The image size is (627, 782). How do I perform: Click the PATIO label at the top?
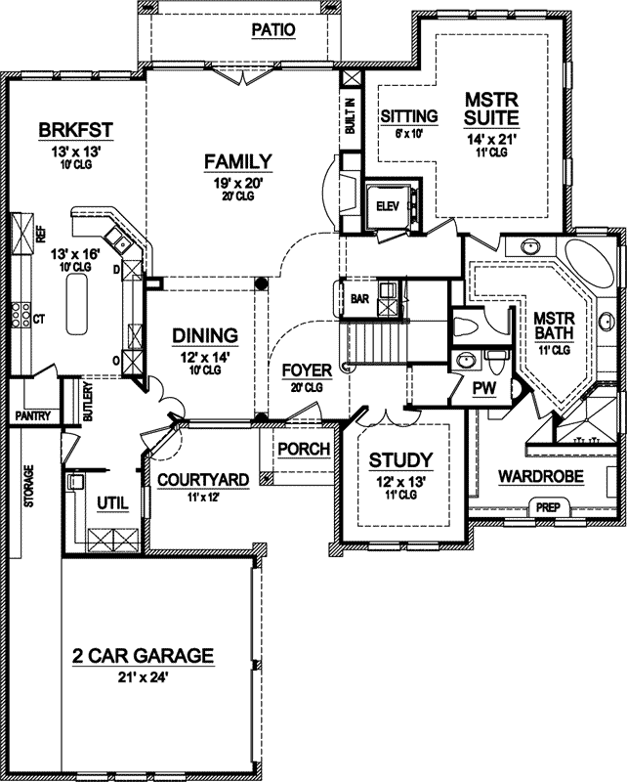[272, 30]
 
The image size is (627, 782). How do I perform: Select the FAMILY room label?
[236, 161]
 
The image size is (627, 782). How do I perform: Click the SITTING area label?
[407, 116]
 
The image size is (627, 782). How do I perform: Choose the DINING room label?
[206, 335]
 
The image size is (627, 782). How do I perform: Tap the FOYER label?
[307, 370]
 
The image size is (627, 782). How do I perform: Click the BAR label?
[359, 299]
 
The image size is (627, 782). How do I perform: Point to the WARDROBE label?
[540, 477]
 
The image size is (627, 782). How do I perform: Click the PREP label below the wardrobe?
[545, 507]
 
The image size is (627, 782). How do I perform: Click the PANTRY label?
[31, 416]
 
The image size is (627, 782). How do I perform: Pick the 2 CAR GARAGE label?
[143, 656]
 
